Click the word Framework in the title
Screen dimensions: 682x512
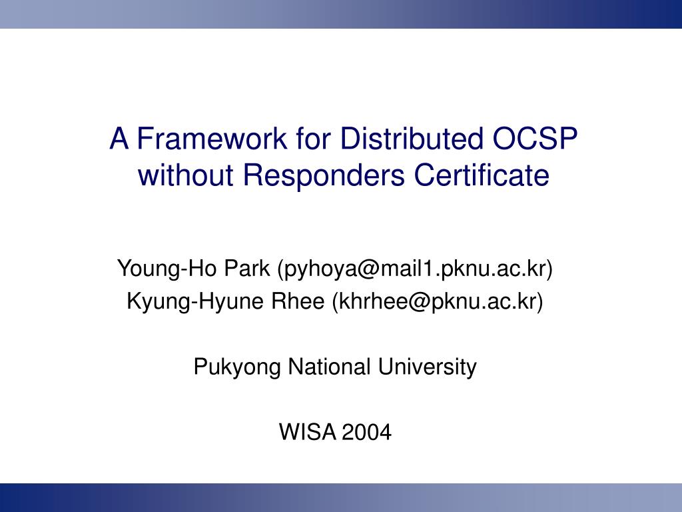[x=212, y=139]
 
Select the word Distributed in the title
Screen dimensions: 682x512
[x=412, y=139]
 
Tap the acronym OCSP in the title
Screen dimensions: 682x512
[x=535, y=139]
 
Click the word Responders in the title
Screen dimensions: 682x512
[x=324, y=175]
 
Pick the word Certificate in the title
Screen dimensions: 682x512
[x=481, y=175]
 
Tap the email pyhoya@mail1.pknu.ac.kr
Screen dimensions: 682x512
[x=415, y=269]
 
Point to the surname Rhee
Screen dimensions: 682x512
[x=298, y=301]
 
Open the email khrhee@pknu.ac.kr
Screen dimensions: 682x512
[x=438, y=302]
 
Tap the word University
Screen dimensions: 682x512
[x=427, y=367]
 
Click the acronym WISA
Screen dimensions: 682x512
[x=307, y=432]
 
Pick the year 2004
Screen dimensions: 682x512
[x=367, y=432]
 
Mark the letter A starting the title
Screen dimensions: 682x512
[x=119, y=139]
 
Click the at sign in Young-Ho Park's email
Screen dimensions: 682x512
[x=368, y=269]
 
